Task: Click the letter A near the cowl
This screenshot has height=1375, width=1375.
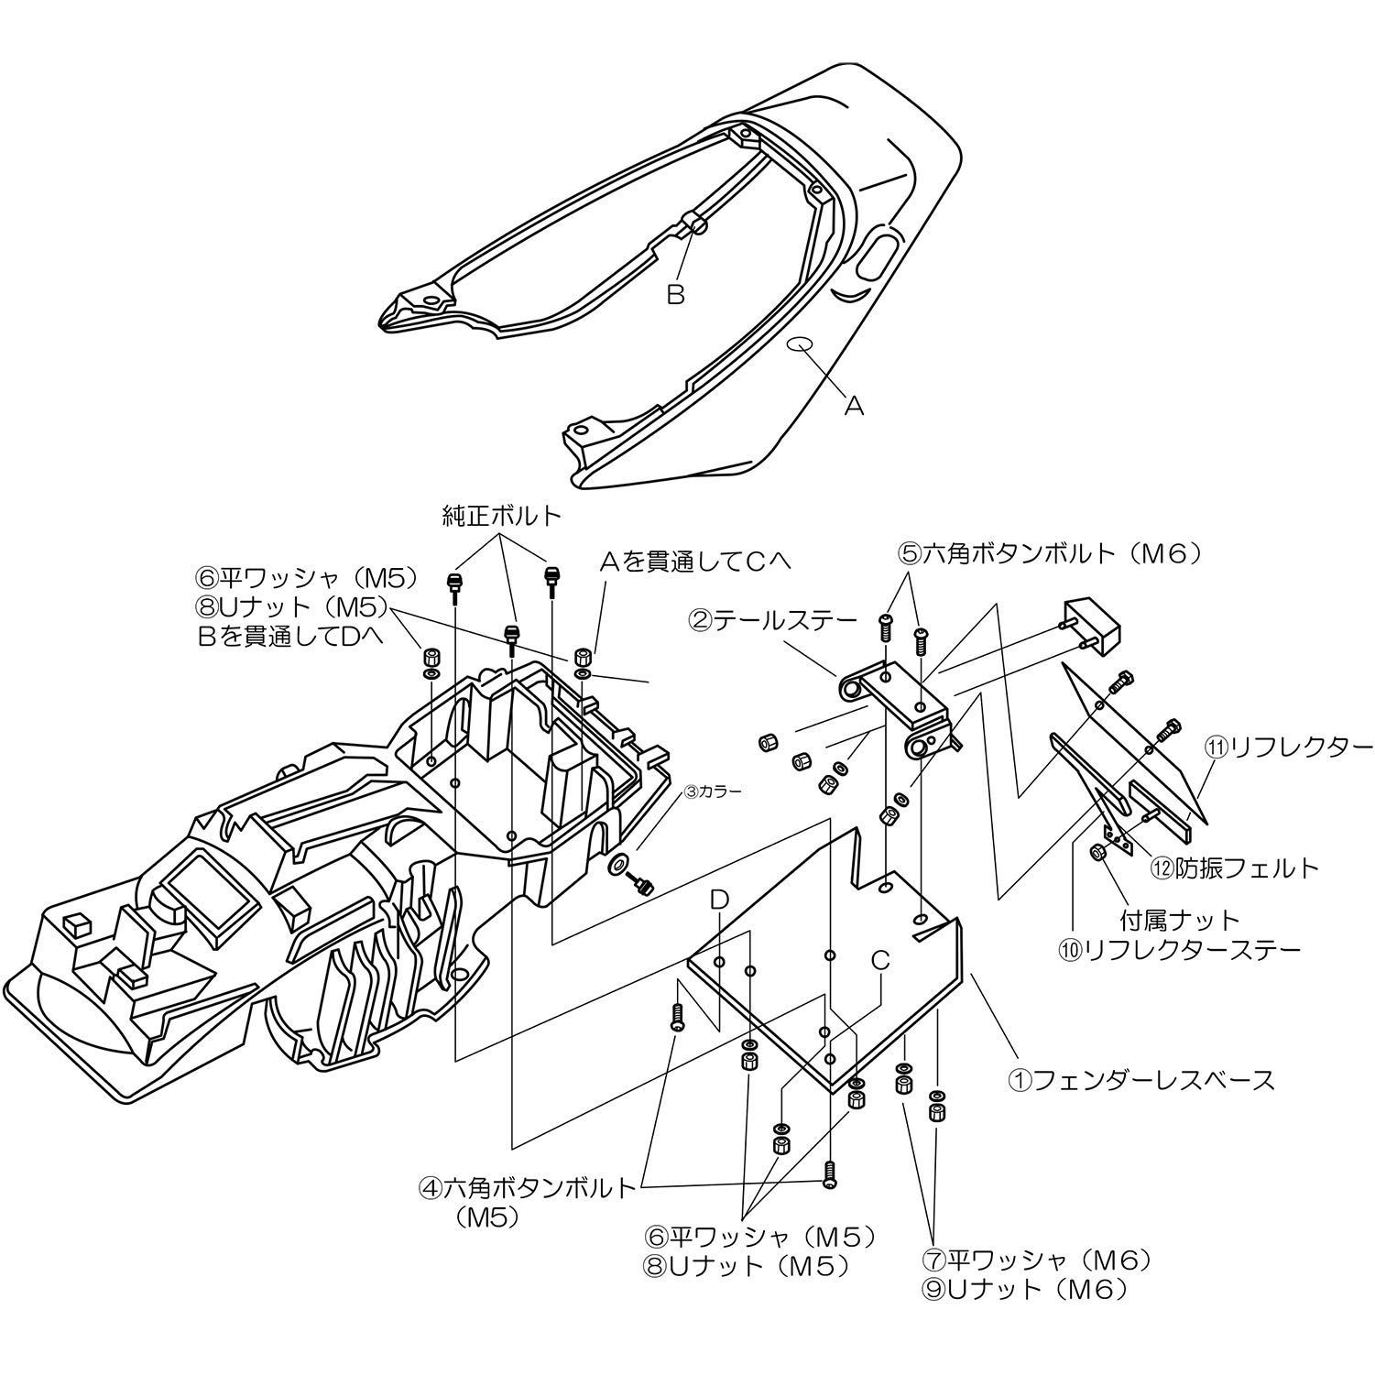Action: coord(853,406)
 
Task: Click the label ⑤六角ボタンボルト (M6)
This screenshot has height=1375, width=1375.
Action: coord(1048,553)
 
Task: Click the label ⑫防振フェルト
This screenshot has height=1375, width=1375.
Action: coord(1235,867)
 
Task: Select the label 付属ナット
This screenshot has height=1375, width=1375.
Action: coord(1180,919)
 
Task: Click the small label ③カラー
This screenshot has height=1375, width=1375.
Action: coord(711,789)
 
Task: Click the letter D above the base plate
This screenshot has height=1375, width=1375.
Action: coord(719,901)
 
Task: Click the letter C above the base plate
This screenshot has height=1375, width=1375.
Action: coord(879,960)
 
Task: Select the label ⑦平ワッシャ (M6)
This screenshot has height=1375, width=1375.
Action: coord(1036,1260)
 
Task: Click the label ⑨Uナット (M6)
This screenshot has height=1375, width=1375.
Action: coord(1024,1290)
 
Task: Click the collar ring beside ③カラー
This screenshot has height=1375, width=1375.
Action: coord(619,863)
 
